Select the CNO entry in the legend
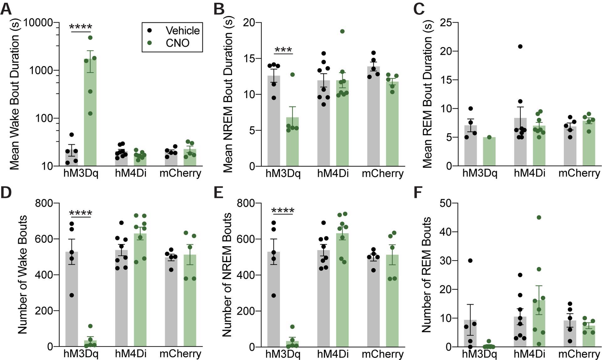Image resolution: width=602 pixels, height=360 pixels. click(177, 43)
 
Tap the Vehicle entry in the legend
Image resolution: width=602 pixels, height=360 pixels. click(182, 31)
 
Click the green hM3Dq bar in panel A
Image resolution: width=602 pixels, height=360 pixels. click(90, 113)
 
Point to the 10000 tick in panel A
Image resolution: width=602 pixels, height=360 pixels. click(38, 23)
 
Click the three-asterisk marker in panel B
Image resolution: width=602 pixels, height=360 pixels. click(283, 50)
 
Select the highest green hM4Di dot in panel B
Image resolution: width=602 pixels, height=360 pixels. click(342, 31)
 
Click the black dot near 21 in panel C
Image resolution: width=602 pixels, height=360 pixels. click(520, 46)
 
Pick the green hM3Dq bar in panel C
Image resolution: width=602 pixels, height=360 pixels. click(489, 152)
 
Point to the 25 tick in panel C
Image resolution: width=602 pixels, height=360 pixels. click(446, 23)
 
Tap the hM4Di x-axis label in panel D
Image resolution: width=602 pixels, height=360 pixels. click(130, 353)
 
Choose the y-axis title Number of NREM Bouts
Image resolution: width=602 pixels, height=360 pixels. click(227, 275)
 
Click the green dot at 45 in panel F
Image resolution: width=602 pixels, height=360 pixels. click(539, 217)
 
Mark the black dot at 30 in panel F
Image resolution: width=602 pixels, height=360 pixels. click(470, 261)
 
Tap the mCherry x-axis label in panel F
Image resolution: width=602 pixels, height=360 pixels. click(579, 353)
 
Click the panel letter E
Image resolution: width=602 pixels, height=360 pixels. click(218, 192)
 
